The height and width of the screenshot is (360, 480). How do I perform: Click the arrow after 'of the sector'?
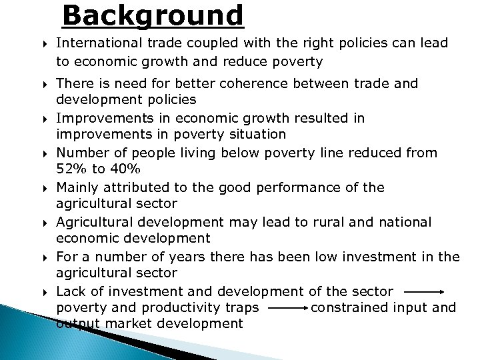point(424,291)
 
